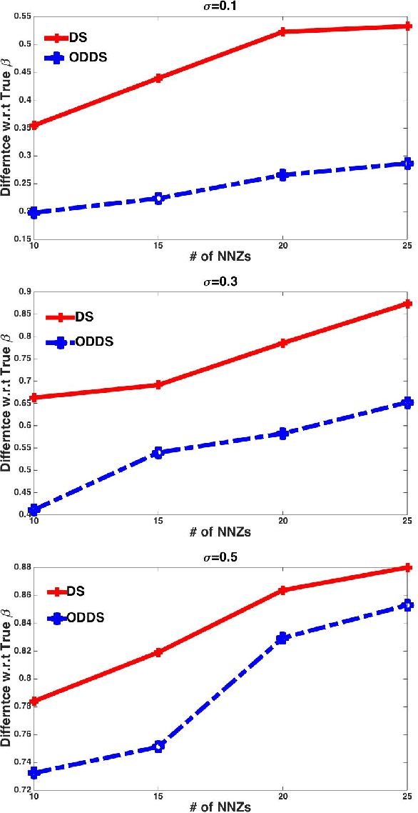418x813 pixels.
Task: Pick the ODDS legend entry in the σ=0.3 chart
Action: pyautogui.click(x=94, y=342)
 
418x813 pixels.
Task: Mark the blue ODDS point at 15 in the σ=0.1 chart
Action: pyautogui.click(x=158, y=198)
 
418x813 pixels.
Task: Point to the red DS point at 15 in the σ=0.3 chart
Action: pyautogui.click(x=158, y=385)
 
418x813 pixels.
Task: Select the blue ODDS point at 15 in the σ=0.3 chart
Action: pyautogui.click(x=158, y=452)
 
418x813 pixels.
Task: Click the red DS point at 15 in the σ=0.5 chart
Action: pyautogui.click(x=158, y=652)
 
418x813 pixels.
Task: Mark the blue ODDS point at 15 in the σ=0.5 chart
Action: pyautogui.click(x=158, y=747)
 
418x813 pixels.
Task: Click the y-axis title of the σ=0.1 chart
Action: pyautogui.click(x=6, y=124)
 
